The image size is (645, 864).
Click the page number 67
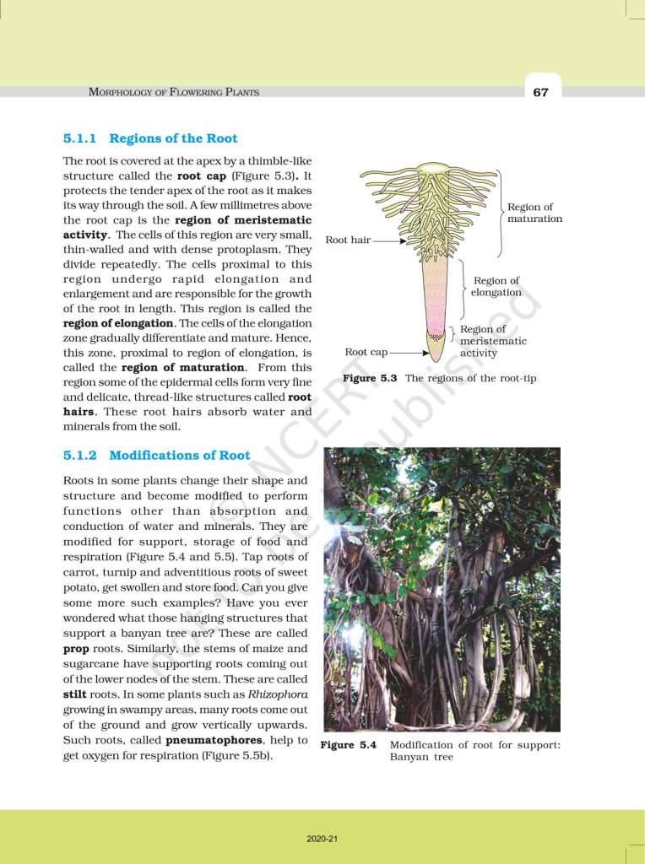coord(540,92)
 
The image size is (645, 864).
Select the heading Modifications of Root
coord(180,455)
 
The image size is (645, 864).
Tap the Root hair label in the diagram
coord(348,240)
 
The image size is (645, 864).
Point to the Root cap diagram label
coord(366,352)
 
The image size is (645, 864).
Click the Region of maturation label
coord(534,213)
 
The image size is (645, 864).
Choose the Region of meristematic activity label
coord(493,341)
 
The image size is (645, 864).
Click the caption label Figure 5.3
coord(370,378)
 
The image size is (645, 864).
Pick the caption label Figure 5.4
coord(349,745)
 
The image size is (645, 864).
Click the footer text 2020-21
coord(322,839)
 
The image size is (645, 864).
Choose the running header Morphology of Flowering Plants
coord(174,92)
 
